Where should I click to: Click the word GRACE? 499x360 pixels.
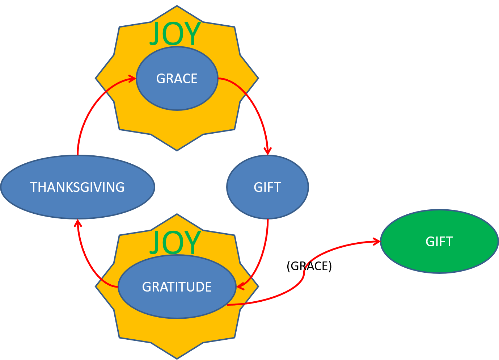click(177, 79)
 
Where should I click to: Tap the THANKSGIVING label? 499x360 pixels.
click(77, 187)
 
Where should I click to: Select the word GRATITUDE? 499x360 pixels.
click(177, 287)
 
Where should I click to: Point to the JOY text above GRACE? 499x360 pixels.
click(175, 34)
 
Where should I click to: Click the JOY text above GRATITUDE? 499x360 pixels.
click(175, 242)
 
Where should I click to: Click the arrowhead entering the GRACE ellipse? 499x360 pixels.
click(132, 78)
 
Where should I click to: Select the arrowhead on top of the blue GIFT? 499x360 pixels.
click(267, 151)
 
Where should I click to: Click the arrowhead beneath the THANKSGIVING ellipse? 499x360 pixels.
click(77, 223)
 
